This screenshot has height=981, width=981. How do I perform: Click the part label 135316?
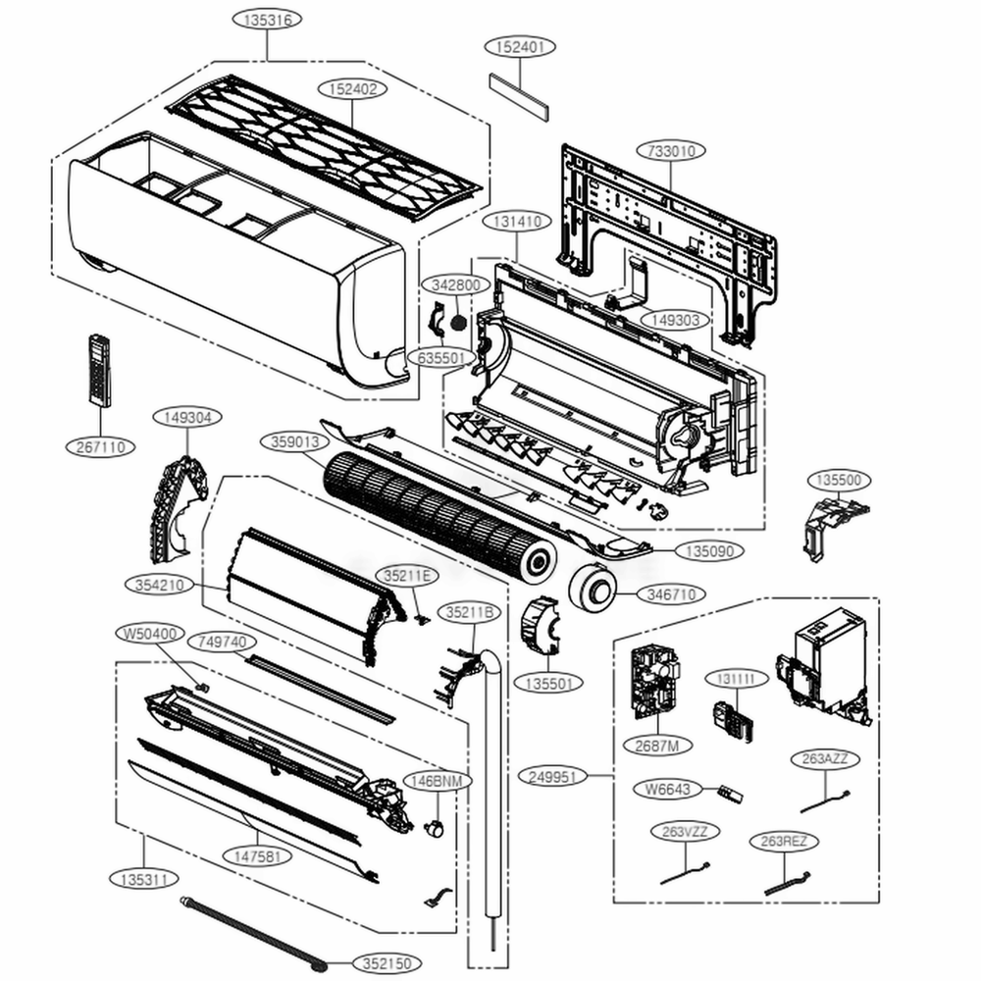266,20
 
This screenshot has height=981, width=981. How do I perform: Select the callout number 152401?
520,47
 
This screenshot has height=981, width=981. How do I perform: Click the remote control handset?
99,370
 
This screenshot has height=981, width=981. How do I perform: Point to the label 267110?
101,446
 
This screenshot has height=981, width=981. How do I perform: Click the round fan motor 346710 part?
594,588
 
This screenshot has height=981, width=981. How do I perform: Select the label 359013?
295,442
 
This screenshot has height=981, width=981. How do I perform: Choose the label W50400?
149,633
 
